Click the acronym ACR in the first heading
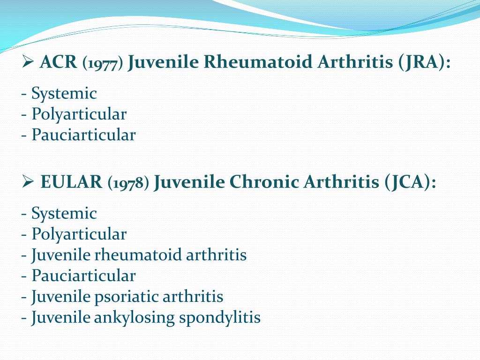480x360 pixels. (x=58, y=62)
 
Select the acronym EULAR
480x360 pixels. (x=71, y=182)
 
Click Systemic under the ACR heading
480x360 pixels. (x=64, y=94)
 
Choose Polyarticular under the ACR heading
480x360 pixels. (x=79, y=114)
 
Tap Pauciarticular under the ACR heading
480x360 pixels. (x=83, y=135)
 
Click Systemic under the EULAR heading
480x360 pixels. (x=64, y=214)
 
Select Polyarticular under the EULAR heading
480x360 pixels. (x=79, y=234)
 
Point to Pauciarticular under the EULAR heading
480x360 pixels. (x=83, y=276)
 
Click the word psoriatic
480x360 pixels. (x=127, y=297)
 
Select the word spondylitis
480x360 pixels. (x=220, y=317)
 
